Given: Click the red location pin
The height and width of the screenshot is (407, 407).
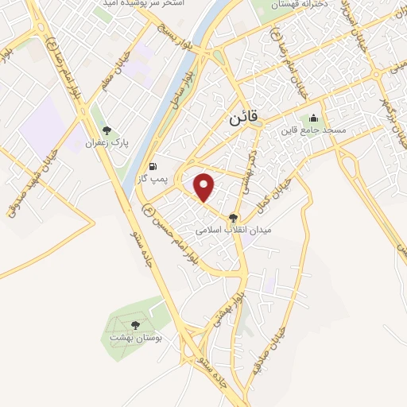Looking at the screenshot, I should [205, 187].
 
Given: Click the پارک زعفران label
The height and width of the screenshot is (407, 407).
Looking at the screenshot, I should [108, 145].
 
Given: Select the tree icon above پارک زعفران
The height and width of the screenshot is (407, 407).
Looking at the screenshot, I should [107, 130].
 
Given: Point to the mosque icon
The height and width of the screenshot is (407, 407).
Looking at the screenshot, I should [313, 118].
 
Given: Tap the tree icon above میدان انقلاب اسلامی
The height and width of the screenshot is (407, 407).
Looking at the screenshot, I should [233, 217].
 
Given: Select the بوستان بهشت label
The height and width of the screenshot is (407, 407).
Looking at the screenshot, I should [133, 338].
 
